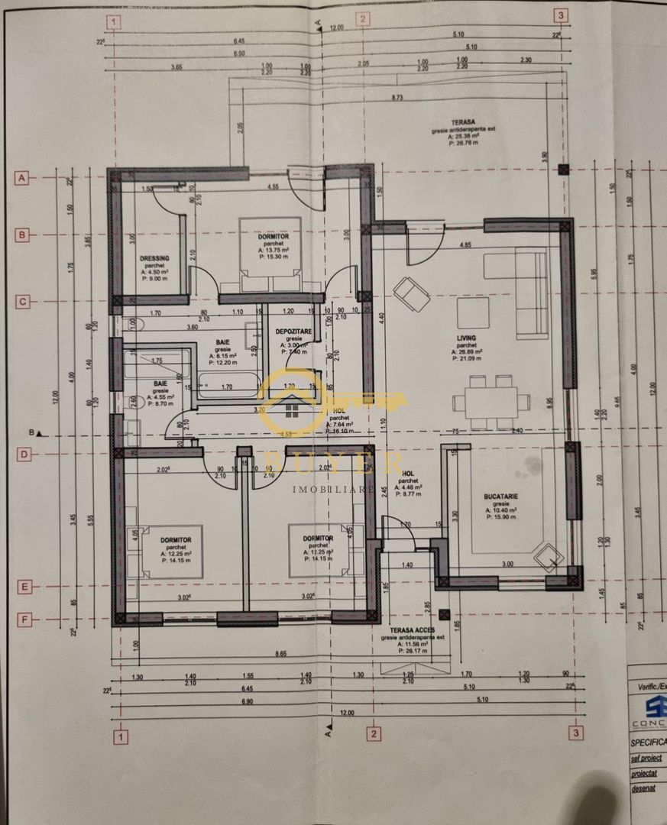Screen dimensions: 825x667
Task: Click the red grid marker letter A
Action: (22, 177)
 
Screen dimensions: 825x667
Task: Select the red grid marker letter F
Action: (24, 620)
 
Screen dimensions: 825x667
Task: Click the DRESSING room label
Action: (154, 258)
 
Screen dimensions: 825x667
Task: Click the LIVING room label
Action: (466, 338)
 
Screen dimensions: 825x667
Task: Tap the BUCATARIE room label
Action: (500, 497)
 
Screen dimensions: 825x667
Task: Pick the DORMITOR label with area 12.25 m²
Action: (176, 540)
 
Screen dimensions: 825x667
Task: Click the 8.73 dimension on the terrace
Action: (397, 98)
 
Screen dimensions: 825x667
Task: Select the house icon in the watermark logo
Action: (293, 411)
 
